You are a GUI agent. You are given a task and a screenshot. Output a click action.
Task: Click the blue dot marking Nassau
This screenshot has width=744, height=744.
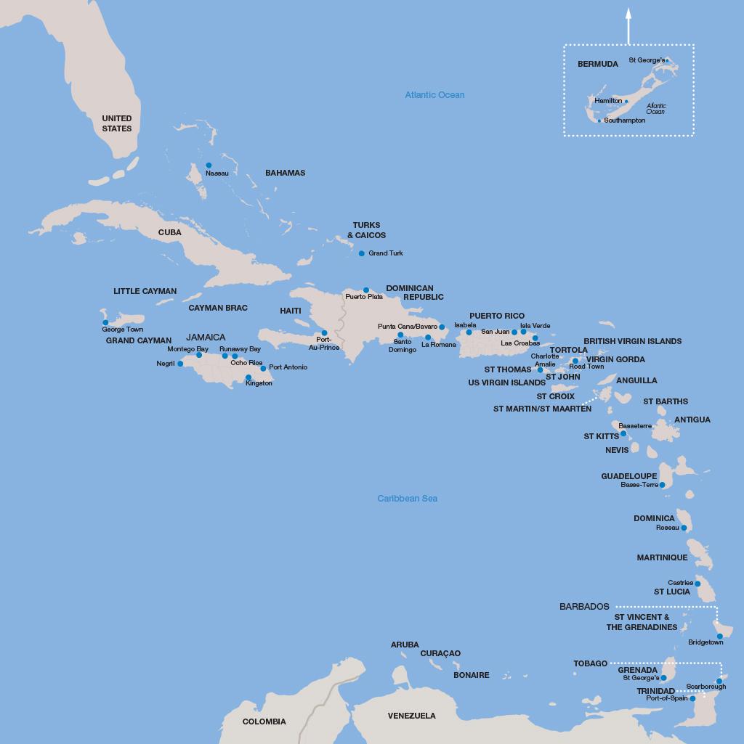[x=209, y=165]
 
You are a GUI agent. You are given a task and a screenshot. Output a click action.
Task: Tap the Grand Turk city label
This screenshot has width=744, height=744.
[x=385, y=253]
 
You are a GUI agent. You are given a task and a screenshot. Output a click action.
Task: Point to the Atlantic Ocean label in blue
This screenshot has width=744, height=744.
[x=434, y=95]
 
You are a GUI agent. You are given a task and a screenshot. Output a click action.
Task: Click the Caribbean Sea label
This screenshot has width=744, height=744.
[x=407, y=499]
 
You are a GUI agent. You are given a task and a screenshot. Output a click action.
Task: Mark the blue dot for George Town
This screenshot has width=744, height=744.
[x=105, y=322]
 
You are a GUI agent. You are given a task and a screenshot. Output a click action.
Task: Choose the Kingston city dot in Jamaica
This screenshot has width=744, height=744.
[x=248, y=377]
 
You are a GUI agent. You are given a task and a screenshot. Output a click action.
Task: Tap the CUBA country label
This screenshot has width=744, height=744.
[x=169, y=232]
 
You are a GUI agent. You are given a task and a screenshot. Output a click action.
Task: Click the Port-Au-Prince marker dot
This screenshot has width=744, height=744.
[x=324, y=333]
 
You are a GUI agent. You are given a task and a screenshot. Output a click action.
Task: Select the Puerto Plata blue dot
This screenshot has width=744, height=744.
[x=366, y=290]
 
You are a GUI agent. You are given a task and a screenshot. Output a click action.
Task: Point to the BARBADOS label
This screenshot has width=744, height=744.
[x=584, y=607]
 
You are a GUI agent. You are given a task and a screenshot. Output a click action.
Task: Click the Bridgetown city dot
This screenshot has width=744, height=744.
[x=720, y=637]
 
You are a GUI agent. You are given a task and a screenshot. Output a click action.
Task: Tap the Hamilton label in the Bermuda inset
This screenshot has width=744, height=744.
[x=608, y=101]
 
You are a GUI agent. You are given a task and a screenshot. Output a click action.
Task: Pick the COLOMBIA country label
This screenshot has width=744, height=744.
[x=264, y=721]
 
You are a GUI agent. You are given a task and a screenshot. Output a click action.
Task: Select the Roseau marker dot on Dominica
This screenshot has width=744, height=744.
[x=684, y=528]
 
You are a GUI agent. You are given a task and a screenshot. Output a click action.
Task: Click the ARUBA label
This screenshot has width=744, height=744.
[x=405, y=645]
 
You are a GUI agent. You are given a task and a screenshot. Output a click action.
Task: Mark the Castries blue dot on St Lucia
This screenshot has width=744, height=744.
[x=697, y=584]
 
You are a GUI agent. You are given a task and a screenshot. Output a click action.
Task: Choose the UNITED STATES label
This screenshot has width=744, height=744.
[x=117, y=123]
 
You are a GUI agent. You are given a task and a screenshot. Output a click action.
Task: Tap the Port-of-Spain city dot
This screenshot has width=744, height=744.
[x=692, y=699]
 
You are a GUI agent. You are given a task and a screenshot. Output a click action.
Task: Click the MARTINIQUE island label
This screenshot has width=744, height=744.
[x=662, y=557]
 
